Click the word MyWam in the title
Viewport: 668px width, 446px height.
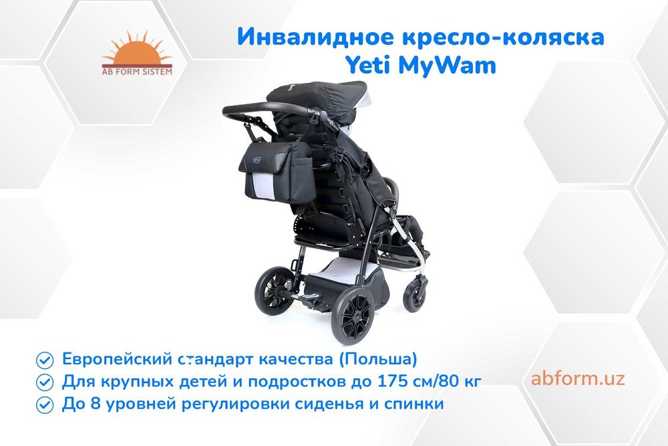[450, 66]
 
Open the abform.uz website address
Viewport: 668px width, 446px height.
[578, 378]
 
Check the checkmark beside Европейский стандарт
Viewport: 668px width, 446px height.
[45, 360]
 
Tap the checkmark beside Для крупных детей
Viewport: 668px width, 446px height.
[45, 382]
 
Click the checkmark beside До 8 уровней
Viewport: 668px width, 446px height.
[45, 405]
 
